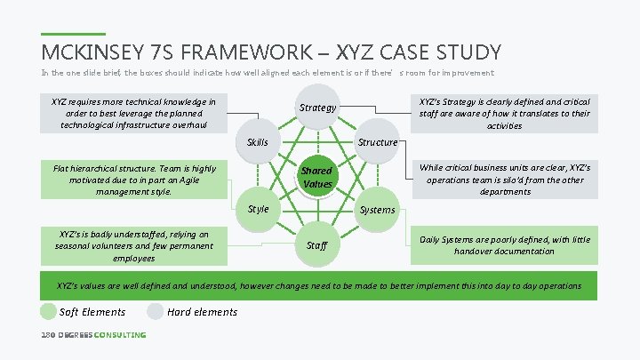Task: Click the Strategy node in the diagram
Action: coord(317,108)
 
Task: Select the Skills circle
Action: coord(258,142)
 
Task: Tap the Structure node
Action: coord(377,142)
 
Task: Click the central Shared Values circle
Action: coord(316,177)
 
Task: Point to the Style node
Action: coord(258,210)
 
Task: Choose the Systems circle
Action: coord(377,210)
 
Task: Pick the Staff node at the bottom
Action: coord(316,244)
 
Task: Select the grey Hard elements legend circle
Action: coord(156,311)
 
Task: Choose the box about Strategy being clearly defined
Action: coord(504,113)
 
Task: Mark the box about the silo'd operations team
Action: coord(504,179)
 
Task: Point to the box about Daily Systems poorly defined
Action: coord(504,245)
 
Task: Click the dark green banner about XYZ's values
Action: coord(319,285)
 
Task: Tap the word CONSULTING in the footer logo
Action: coord(120,335)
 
